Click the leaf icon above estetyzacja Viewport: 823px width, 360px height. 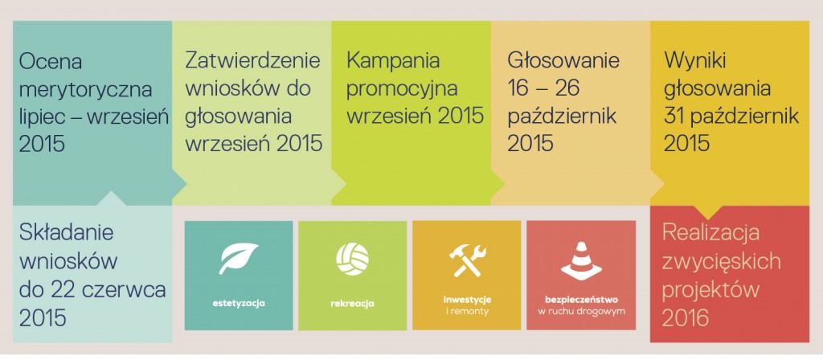[x=238, y=258]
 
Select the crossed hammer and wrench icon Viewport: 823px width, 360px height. [x=466, y=260]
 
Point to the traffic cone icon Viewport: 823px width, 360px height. [x=580, y=260]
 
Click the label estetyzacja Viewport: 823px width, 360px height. [x=239, y=303]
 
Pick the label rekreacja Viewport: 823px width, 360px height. [x=352, y=303]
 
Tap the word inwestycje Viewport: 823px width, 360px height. [x=467, y=301]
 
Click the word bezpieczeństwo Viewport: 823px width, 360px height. [x=581, y=301]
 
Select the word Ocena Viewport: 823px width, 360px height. [x=51, y=62]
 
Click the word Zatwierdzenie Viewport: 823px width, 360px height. [x=253, y=60]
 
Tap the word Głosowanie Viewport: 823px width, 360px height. [x=563, y=61]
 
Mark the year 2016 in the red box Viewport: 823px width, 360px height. [x=686, y=318]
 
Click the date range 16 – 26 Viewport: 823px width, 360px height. [x=543, y=88]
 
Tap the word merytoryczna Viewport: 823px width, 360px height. [x=85, y=90]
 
